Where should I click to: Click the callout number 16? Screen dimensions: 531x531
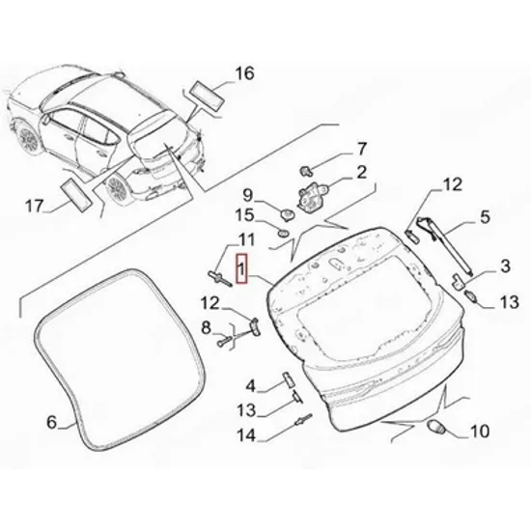[244, 73]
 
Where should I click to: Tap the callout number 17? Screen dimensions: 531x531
[35, 206]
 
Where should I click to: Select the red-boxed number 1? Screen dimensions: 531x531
[241, 268]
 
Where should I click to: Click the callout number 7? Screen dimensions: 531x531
[362, 149]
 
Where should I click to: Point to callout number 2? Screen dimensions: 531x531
[362, 172]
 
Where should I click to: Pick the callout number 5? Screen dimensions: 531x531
[485, 216]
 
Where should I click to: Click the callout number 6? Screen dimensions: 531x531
[51, 422]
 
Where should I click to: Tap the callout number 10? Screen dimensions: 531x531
[480, 432]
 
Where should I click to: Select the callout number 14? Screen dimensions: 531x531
[246, 434]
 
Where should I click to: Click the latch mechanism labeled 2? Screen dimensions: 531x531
[309, 196]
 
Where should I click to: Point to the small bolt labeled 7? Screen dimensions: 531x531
[306, 171]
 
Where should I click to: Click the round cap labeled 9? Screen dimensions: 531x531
[289, 214]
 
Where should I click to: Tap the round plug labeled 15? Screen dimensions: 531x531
[283, 233]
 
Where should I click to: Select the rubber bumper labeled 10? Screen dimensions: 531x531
[435, 426]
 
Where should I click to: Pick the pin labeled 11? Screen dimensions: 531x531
[220, 278]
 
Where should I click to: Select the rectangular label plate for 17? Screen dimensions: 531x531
[76, 196]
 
